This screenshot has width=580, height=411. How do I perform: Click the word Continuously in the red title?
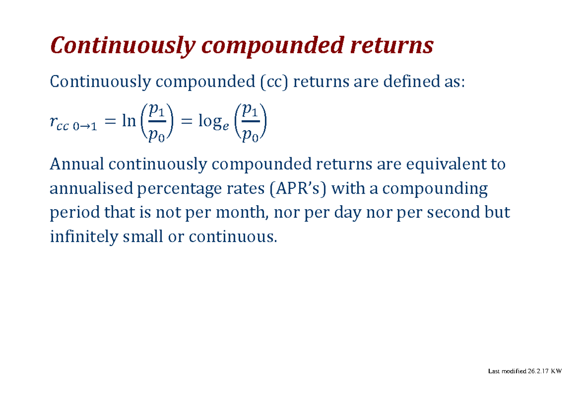coord(123,46)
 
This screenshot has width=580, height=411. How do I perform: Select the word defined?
coord(411,81)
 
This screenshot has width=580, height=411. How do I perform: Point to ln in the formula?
coord(129,121)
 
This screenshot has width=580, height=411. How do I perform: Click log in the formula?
coord(210,122)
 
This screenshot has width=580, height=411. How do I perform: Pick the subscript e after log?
coord(226,126)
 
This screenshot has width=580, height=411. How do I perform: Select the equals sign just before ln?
coord(110,122)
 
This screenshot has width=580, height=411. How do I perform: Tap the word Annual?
coord(77,164)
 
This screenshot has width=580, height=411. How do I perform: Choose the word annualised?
coord(91,188)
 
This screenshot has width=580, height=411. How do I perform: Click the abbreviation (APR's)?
coord(298,189)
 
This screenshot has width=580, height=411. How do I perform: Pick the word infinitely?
coord(84,237)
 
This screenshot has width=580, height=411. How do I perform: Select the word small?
coord(143,237)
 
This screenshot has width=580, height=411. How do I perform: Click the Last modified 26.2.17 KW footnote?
coord(525,371)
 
